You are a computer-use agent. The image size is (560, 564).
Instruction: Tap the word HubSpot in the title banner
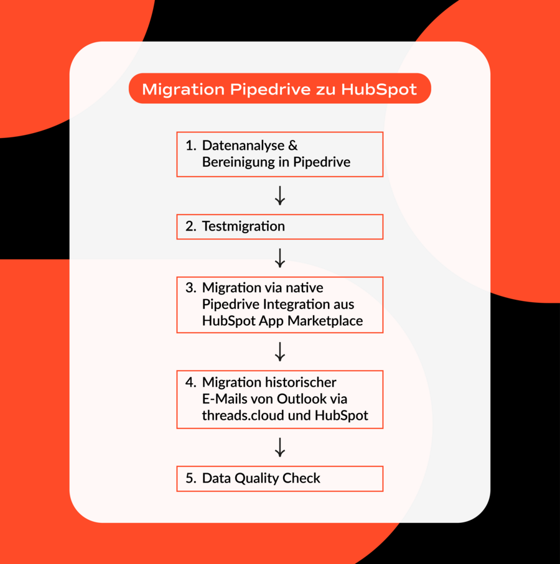[x=378, y=89]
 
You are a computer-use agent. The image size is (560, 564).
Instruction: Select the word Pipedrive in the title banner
[x=270, y=90]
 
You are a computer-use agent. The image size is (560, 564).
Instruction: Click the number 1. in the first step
[x=191, y=146]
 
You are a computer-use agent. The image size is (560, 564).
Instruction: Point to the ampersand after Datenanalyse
[x=293, y=146]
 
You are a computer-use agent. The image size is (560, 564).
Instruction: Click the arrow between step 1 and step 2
[x=279, y=196]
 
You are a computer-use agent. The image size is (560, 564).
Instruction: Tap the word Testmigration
[x=243, y=226]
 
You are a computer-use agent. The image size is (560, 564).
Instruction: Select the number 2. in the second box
[x=191, y=226]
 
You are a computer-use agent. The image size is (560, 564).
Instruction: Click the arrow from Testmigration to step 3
[x=279, y=258]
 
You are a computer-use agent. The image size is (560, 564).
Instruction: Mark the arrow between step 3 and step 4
[x=279, y=351]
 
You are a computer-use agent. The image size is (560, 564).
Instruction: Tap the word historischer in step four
[x=302, y=382]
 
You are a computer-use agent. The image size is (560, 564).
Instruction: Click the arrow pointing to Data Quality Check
[x=279, y=448]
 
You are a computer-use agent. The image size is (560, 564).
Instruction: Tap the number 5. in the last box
[x=191, y=478]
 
